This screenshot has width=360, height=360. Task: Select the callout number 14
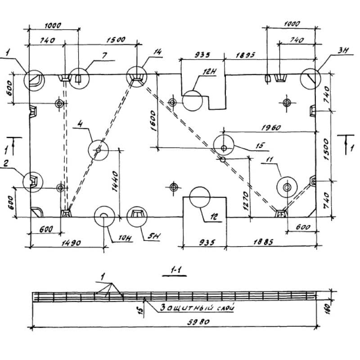click(157, 53)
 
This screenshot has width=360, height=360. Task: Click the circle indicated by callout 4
click(98, 149)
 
